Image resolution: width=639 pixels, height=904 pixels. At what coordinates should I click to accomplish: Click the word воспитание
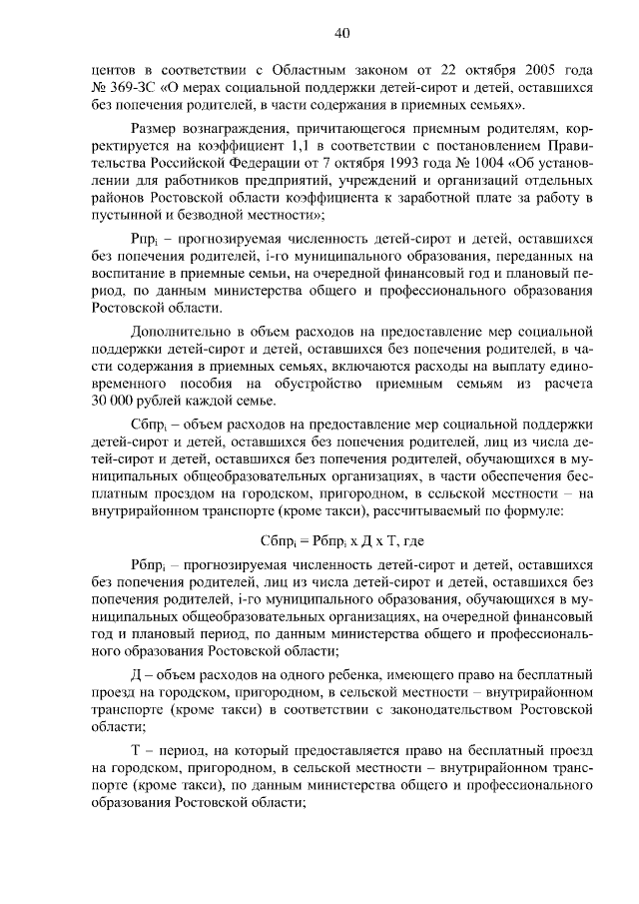[124, 274]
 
